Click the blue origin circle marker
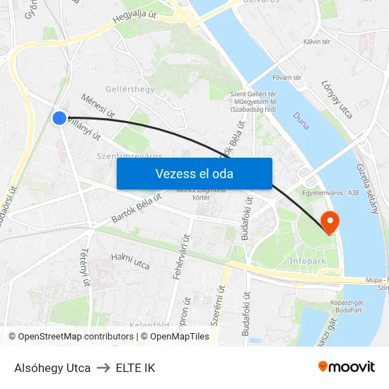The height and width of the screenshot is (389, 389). coord(59,118)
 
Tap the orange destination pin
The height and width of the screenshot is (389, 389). coord(330,222)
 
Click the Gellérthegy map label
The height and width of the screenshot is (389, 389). coord(129,89)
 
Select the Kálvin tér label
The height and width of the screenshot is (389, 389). coord(316,42)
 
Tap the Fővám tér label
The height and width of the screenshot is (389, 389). coord(287,77)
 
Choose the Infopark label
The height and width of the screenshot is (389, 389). coord(308,262)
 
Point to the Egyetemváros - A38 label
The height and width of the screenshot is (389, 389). coord(331,192)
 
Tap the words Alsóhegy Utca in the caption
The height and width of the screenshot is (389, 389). coord(52,368)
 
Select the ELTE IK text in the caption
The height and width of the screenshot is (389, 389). coord(135,368)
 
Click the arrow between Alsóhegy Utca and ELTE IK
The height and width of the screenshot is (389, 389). coord(103,368)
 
